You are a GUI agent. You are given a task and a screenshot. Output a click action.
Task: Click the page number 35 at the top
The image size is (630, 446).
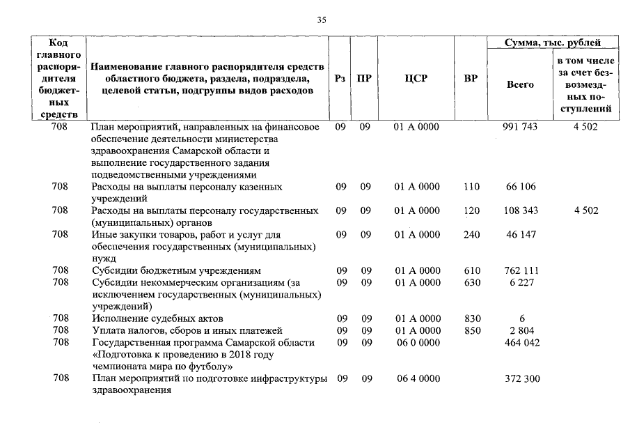[x=322, y=20]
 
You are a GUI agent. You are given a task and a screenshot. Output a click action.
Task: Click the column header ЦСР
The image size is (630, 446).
[x=416, y=79]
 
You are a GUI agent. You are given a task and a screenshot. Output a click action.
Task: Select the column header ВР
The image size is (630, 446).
[x=471, y=79]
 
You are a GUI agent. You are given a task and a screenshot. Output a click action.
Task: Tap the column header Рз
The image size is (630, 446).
[x=340, y=79]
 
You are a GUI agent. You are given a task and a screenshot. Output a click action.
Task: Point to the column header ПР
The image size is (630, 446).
[x=364, y=79]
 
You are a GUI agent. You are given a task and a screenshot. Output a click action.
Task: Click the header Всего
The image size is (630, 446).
[x=520, y=85]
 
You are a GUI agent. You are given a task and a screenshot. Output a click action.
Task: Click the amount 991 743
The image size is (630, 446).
[x=520, y=127]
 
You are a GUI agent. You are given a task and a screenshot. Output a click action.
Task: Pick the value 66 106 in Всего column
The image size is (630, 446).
[x=520, y=187]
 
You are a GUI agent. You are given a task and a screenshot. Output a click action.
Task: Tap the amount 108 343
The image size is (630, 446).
[x=520, y=210]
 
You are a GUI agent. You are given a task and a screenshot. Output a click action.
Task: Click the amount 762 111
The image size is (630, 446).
[x=520, y=270]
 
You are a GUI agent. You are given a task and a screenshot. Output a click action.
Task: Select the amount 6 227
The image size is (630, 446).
[x=520, y=282]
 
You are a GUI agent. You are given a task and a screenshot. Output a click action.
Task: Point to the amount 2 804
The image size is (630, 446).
[x=520, y=330]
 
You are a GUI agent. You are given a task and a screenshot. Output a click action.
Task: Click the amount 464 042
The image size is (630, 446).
[x=520, y=342]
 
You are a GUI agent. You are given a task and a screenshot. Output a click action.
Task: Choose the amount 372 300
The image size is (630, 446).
[x=520, y=378]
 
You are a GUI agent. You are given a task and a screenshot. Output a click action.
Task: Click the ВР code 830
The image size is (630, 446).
[x=471, y=318]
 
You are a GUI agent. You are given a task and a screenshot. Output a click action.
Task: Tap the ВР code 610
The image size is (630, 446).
[x=471, y=270]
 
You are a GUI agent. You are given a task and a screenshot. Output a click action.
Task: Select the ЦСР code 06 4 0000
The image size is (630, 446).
[x=416, y=378]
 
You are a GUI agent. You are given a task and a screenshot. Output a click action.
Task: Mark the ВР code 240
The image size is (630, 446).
[x=471, y=235]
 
